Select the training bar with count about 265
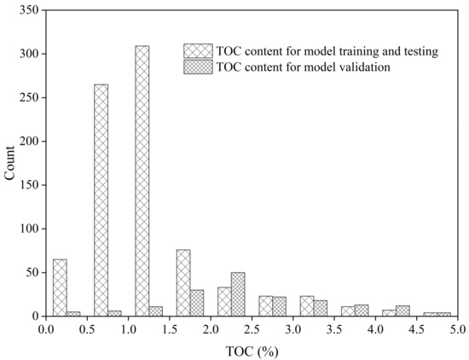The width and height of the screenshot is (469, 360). pyautogui.click(x=101, y=200)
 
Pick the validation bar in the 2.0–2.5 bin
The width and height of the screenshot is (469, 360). pyautogui.click(x=238, y=294)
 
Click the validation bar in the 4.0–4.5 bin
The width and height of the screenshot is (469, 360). pyautogui.click(x=402, y=311)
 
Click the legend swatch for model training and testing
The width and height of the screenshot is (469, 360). pyautogui.click(x=198, y=51)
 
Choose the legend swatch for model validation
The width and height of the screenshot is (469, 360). pyautogui.click(x=198, y=67)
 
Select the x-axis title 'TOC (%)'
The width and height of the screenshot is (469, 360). pyautogui.click(x=252, y=350)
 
